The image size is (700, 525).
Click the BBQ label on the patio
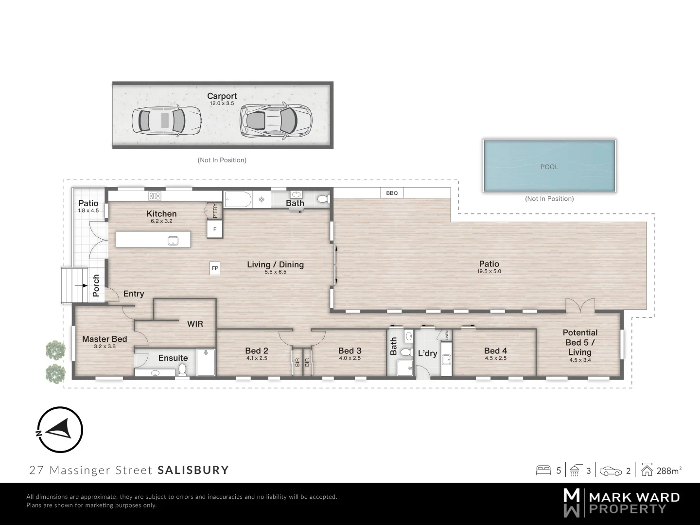point(392,193)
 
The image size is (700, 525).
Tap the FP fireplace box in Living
point(215,268)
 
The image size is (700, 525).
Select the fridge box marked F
point(215,229)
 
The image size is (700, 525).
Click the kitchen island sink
point(173,241)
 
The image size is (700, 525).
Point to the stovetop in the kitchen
point(155,196)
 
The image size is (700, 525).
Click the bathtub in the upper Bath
point(238,199)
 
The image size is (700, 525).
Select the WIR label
point(195,324)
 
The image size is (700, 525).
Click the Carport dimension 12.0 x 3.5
point(222,103)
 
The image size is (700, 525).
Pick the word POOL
point(549,167)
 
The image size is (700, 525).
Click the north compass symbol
point(60,430)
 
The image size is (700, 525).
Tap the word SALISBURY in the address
point(193,470)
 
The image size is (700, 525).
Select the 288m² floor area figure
point(669,471)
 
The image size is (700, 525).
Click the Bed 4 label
point(495,350)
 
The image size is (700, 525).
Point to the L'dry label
point(427,353)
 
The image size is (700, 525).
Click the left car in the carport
point(166,120)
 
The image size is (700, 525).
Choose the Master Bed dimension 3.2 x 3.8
point(105,347)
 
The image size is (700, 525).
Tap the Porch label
point(96,285)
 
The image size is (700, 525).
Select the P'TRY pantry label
point(215,210)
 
